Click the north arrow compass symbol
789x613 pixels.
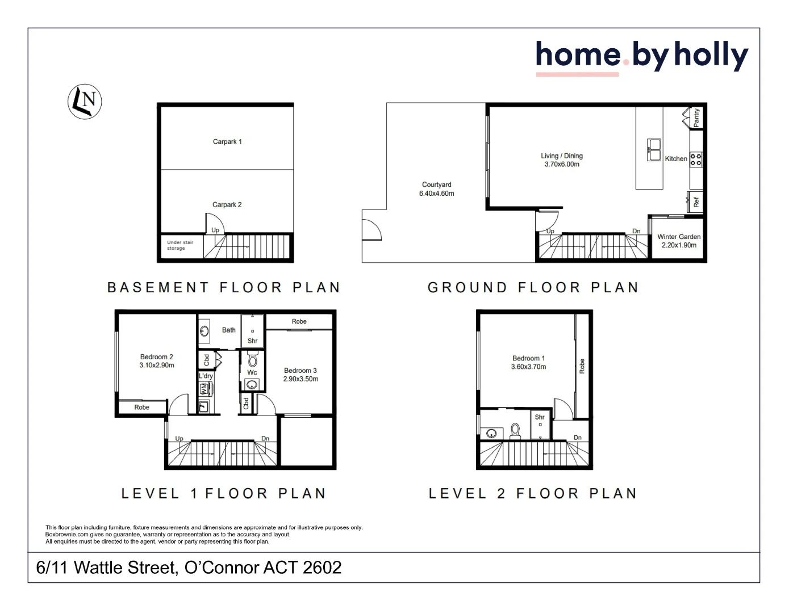pyautogui.click(x=85, y=102)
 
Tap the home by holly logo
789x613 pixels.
pyautogui.click(x=641, y=56)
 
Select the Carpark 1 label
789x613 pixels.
pyautogui.click(x=227, y=142)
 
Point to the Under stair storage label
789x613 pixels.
pyautogui.click(x=180, y=245)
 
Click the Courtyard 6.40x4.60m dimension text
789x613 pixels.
pyautogui.click(x=436, y=194)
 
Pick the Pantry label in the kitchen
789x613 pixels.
pyautogui.click(x=696, y=117)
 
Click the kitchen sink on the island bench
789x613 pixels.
pyautogui.click(x=654, y=150)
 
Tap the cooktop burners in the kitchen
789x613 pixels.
pyautogui.click(x=696, y=159)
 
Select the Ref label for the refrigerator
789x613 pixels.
pyautogui.click(x=696, y=201)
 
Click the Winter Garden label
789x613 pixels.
pyautogui.click(x=679, y=237)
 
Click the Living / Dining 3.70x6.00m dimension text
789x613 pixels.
pyautogui.click(x=562, y=165)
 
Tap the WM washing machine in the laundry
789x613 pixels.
pyautogui.click(x=204, y=389)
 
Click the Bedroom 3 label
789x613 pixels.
pyautogui.click(x=300, y=371)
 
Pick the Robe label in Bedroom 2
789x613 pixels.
pyautogui.click(x=142, y=408)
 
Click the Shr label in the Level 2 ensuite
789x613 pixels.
pyautogui.click(x=540, y=417)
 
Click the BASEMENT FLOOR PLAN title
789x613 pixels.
pyautogui.click(x=224, y=288)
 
